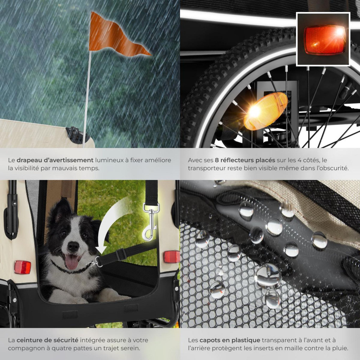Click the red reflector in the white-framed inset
click(x=323, y=39)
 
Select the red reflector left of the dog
click(x=22, y=267)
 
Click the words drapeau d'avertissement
click(x=55, y=160)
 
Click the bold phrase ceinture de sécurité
click(x=47, y=340)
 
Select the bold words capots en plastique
click(x=230, y=340)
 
